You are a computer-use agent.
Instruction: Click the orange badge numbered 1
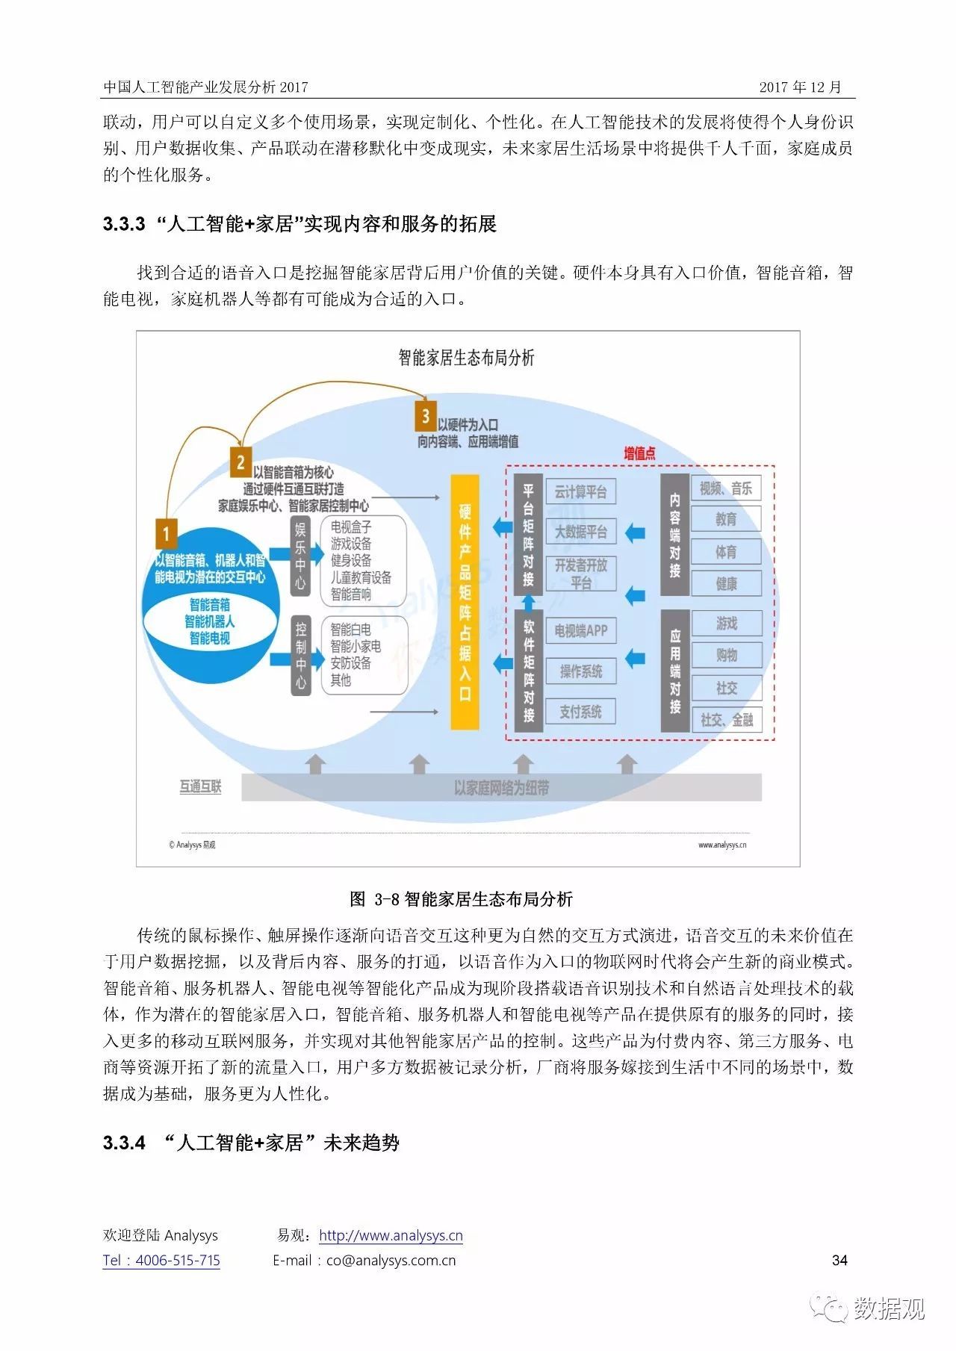click(x=166, y=534)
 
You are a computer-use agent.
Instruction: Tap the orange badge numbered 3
click(x=426, y=416)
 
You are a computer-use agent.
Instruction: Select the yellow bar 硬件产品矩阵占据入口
click(x=465, y=602)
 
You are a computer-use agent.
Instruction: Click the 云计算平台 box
click(x=581, y=491)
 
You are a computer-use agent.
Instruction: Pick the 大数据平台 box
click(x=581, y=532)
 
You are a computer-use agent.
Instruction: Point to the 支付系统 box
click(x=581, y=712)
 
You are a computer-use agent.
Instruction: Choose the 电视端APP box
click(x=581, y=631)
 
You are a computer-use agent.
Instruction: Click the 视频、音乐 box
click(x=726, y=488)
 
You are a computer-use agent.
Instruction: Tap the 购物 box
click(x=726, y=655)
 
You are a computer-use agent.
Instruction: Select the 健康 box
click(x=726, y=583)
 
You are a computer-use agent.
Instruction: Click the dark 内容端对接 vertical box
click(x=674, y=535)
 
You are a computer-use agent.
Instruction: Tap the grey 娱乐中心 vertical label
click(x=300, y=556)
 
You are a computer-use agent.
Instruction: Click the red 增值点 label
click(x=639, y=453)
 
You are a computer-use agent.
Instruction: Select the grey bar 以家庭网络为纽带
click(x=501, y=788)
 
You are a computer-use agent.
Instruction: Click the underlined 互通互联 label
click(x=200, y=786)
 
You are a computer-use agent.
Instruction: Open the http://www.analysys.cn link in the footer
click(x=391, y=1236)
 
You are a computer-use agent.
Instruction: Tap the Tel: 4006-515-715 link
click(x=161, y=1261)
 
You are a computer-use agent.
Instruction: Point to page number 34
click(x=839, y=1261)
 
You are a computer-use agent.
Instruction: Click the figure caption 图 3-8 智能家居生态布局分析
click(x=462, y=899)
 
